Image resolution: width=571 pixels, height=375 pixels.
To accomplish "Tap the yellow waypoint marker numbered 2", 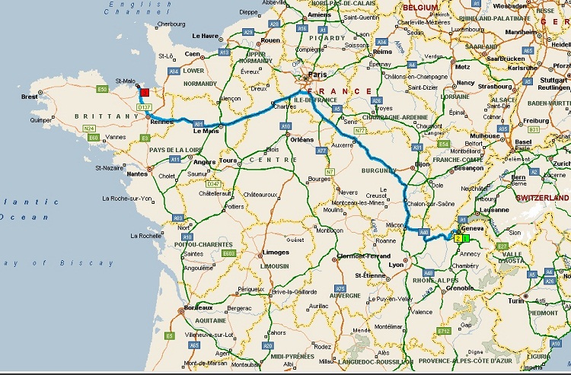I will point(458,238).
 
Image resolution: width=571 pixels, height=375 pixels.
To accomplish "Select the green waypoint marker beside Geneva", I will point(465,238).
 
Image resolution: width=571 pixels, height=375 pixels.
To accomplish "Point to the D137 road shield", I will point(144,107).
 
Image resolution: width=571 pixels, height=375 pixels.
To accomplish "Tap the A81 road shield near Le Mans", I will point(198,124).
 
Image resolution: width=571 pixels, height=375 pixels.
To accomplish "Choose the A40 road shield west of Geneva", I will point(426,232).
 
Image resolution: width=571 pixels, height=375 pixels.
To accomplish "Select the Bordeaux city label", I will point(198,307).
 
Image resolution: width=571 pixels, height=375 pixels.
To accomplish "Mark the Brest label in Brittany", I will point(30,97).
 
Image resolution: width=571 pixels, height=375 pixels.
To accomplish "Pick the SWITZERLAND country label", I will point(544,197).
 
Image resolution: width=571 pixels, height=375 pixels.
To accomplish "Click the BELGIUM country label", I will point(420,7).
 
